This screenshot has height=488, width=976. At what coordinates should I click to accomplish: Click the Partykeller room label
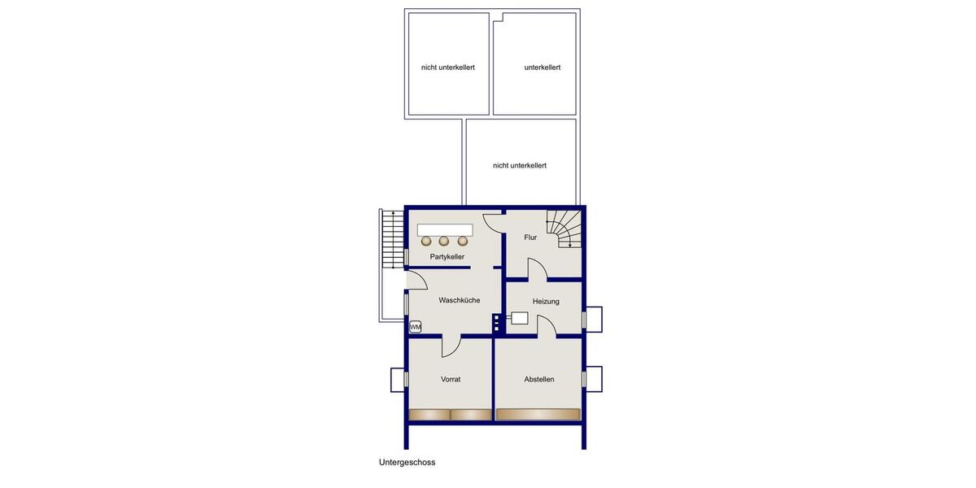click(x=447, y=257)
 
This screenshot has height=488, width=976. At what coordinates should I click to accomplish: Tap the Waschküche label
click(x=460, y=300)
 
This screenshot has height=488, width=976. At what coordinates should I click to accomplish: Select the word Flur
click(x=530, y=237)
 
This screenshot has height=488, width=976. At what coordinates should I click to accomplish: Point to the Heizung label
click(x=546, y=302)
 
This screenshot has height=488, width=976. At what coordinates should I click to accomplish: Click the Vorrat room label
click(x=451, y=379)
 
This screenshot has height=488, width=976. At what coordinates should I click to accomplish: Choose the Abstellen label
click(x=539, y=379)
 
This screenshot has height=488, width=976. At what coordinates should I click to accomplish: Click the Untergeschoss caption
click(x=407, y=462)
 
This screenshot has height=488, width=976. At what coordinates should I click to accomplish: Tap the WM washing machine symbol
click(x=416, y=327)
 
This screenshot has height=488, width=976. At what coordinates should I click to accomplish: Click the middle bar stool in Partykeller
click(x=444, y=241)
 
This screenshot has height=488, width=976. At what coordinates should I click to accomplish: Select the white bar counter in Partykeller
click(x=444, y=229)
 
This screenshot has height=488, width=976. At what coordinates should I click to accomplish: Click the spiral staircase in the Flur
click(x=564, y=229)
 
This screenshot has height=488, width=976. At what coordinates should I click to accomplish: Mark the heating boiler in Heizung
click(x=518, y=318)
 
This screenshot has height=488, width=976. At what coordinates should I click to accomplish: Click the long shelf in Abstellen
click(x=538, y=415)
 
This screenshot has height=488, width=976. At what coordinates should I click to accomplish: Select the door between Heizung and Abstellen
click(x=547, y=327)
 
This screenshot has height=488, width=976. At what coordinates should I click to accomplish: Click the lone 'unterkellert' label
click(x=542, y=68)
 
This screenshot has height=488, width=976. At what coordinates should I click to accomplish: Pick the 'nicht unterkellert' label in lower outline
click(x=520, y=165)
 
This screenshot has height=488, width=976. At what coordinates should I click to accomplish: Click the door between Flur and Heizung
click(x=537, y=270)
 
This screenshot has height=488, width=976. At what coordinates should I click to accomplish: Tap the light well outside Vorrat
click(x=399, y=379)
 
